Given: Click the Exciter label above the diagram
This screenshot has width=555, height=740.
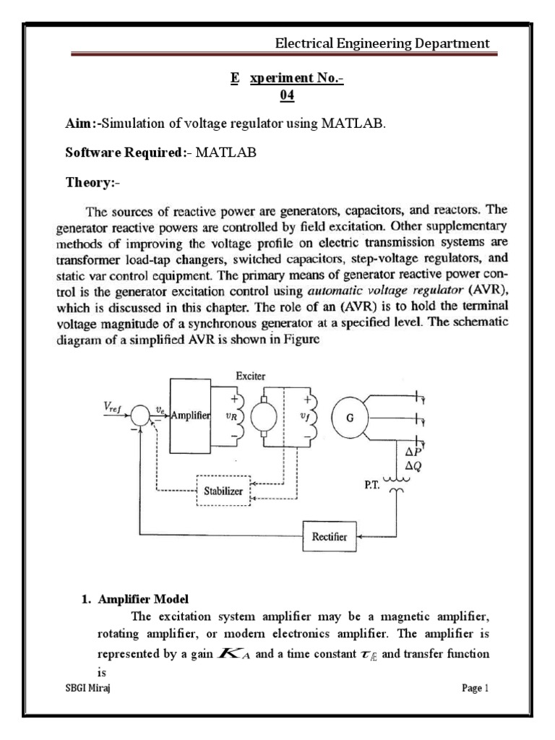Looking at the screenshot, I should point(251,376).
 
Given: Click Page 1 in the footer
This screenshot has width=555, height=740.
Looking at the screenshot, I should point(476,689).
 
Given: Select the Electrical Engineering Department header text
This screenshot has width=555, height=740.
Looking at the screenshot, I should point(382,44).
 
